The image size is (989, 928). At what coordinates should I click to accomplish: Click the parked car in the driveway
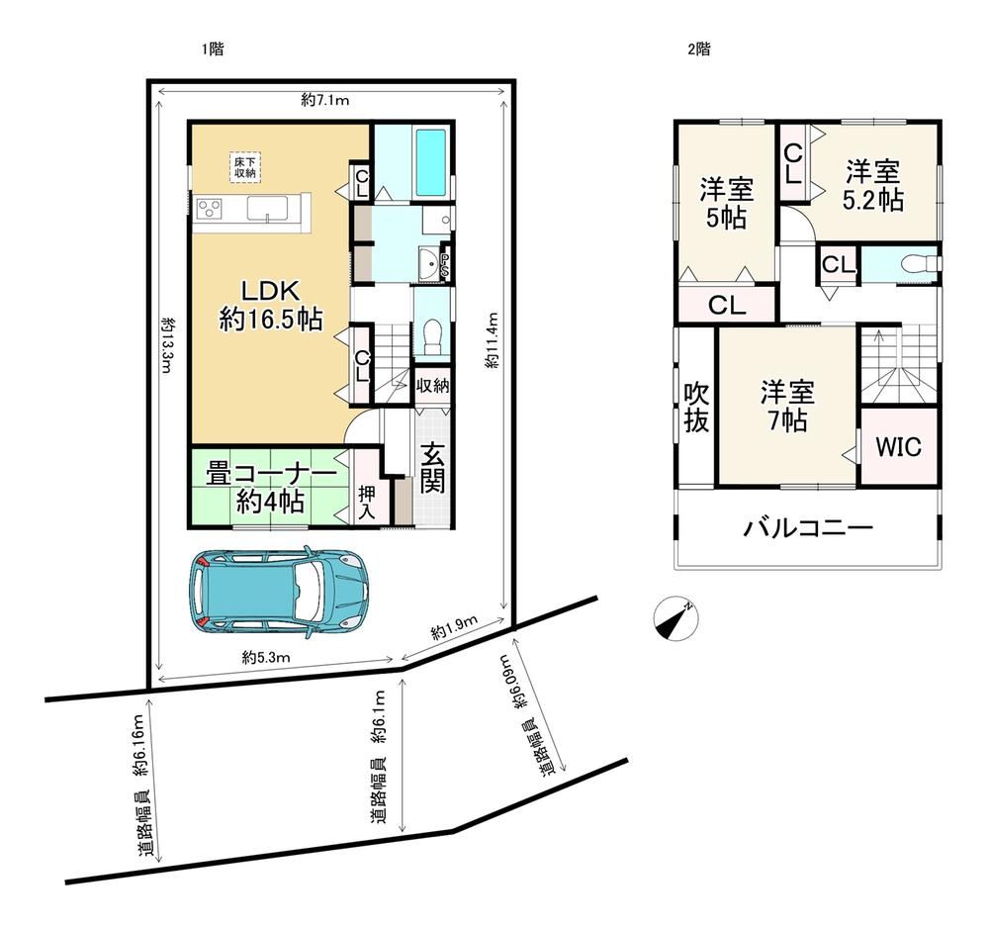point(278,591)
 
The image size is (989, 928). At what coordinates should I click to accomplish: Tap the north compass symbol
point(675,618)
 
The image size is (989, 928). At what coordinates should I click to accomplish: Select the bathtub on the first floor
point(431,163)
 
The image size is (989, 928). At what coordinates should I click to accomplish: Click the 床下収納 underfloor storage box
point(245,167)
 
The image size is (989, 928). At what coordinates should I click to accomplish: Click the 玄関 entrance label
point(433,468)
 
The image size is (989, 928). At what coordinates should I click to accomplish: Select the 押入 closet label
point(367,503)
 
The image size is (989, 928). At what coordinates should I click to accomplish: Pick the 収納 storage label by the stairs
point(433,384)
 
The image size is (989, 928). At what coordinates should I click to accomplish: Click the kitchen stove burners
point(210,208)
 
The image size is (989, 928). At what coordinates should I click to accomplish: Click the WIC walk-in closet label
point(899,446)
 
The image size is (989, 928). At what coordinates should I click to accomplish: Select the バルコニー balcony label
point(808,526)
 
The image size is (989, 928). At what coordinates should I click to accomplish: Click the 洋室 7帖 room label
point(788,406)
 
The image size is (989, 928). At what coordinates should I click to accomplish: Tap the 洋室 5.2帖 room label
point(873,185)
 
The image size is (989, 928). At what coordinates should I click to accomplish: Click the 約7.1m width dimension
point(324,100)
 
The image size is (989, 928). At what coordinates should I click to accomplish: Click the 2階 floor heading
point(699,49)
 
